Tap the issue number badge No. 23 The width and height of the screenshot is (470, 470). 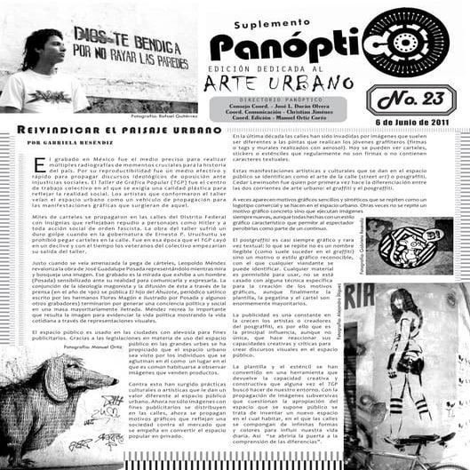point(414,99)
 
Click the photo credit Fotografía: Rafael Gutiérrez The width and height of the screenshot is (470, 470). point(165,116)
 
